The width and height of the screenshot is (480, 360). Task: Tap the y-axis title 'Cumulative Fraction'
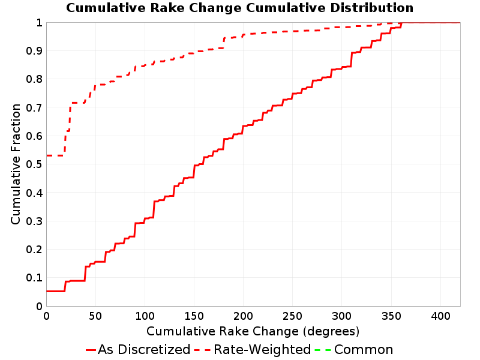[x=16, y=164]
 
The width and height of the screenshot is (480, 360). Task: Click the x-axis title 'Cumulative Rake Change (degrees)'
[x=253, y=331]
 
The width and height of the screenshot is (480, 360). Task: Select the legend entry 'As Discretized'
[x=144, y=349]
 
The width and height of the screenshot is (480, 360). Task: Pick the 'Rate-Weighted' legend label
[x=262, y=349]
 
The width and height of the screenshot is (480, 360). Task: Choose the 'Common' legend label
[x=364, y=349]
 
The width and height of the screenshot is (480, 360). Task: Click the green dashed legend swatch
[x=323, y=350]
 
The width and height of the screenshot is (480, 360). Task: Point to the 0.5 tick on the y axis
[x=34, y=164]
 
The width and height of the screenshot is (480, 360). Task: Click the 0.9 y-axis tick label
[x=34, y=51]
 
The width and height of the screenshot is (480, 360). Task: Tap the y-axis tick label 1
[x=39, y=23]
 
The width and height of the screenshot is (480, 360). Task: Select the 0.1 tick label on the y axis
[x=34, y=278]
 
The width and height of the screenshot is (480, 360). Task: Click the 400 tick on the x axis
[x=440, y=316]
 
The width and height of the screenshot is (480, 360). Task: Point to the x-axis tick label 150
[x=194, y=316]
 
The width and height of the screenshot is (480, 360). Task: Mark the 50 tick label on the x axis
[x=95, y=316]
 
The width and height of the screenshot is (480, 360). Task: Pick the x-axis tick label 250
[x=292, y=316]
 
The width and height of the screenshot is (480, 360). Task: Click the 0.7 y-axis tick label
[x=34, y=108]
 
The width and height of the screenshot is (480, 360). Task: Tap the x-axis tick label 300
[x=341, y=316]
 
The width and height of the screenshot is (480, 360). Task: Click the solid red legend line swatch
[x=91, y=350]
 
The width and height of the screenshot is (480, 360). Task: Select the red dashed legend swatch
[x=203, y=350]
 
